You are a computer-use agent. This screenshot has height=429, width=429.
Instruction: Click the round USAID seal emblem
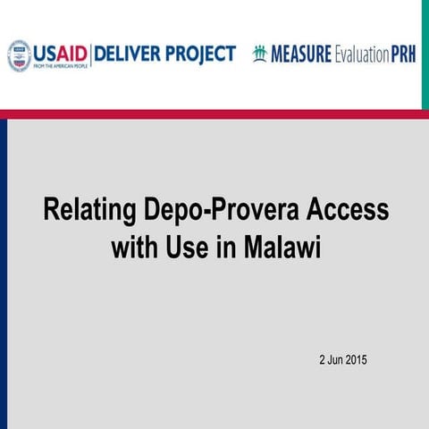click(20, 55)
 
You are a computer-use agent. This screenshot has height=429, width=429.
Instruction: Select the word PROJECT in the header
click(201, 54)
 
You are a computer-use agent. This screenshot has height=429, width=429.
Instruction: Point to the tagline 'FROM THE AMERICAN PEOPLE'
click(61, 66)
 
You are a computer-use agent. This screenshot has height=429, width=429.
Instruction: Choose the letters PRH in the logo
click(402, 55)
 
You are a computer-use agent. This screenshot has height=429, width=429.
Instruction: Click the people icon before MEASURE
click(261, 53)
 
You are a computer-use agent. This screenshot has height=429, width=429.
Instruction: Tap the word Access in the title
click(348, 211)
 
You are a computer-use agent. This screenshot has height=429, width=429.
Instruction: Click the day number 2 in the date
click(323, 360)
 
